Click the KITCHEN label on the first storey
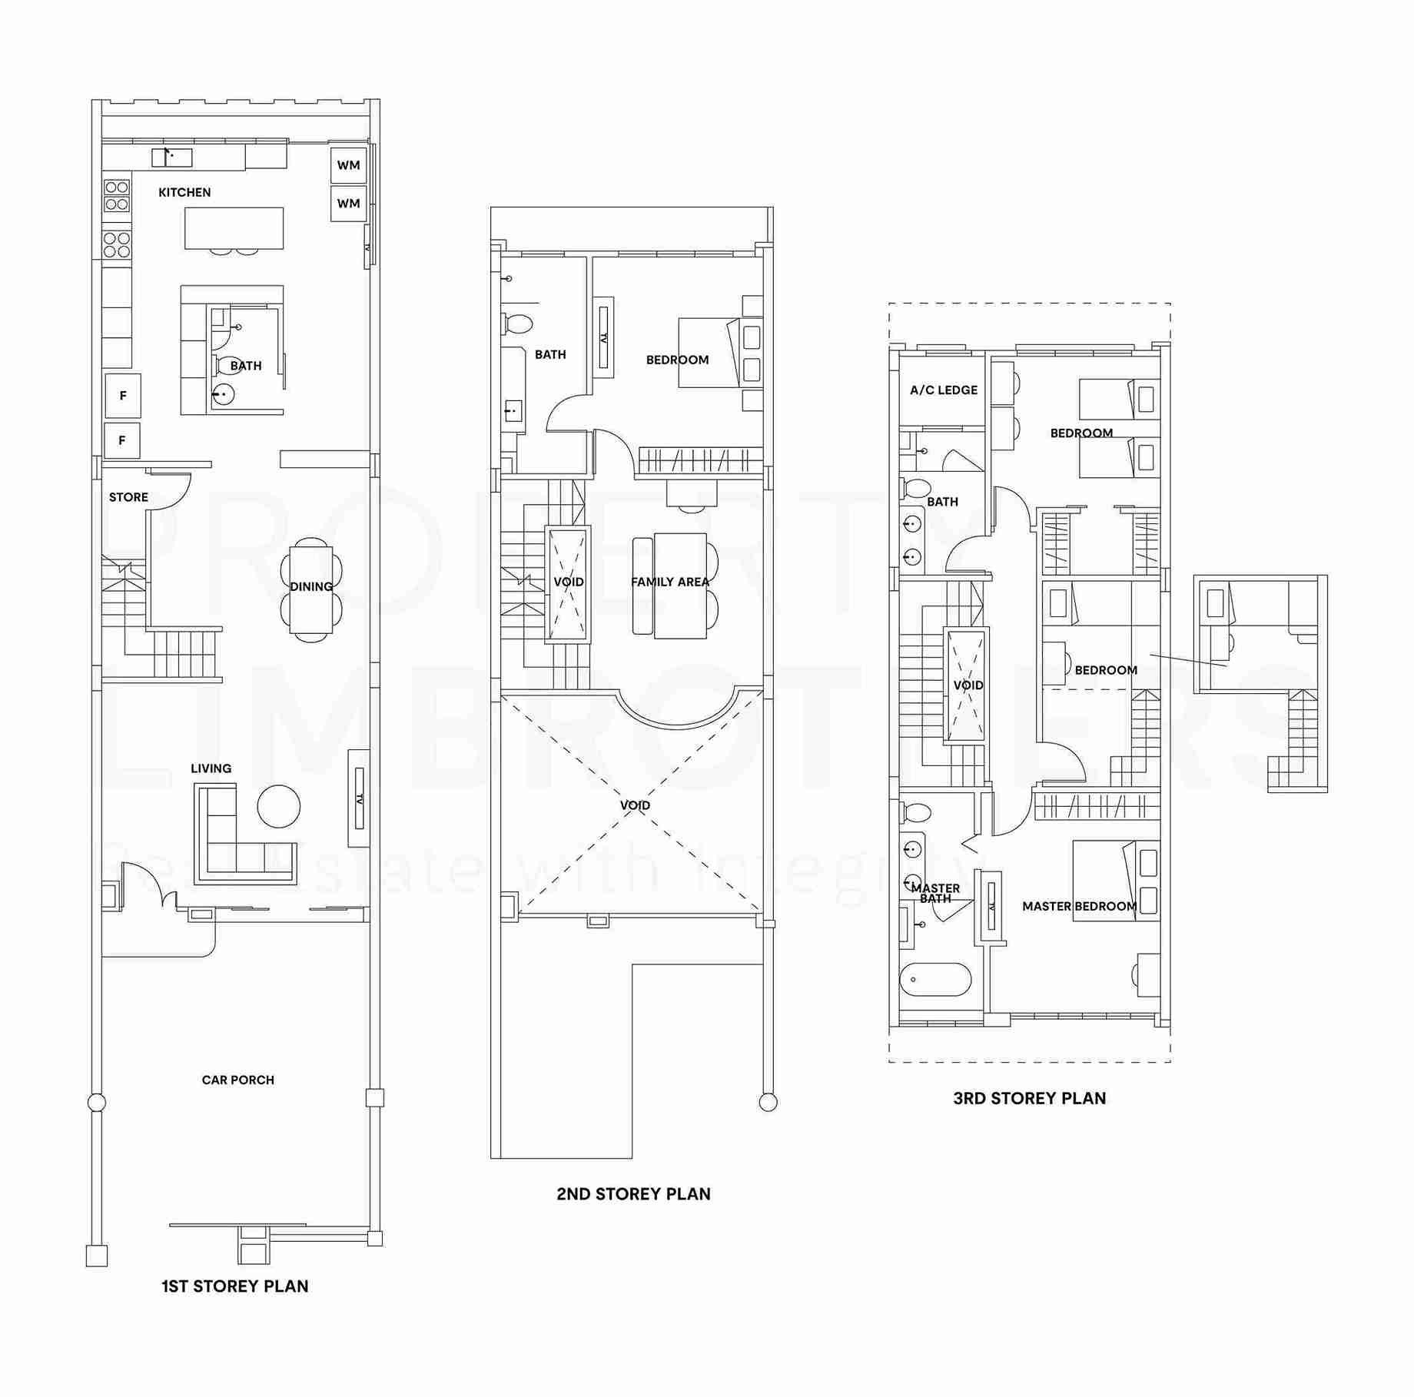click(184, 192)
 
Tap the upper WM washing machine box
click(348, 165)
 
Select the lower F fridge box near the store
click(122, 440)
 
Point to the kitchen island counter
click(234, 227)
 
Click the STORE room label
click(128, 497)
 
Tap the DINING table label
click(311, 586)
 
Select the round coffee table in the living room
click(278, 806)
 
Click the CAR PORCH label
click(237, 1080)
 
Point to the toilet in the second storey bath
click(517, 324)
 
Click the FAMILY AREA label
click(670, 582)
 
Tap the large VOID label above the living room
click(635, 805)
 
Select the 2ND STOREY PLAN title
click(633, 1194)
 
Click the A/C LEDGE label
click(944, 390)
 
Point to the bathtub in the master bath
click(935, 980)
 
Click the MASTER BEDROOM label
click(1079, 906)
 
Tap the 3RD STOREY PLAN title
click(1029, 1098)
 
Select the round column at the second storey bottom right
click(767, 1103)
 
